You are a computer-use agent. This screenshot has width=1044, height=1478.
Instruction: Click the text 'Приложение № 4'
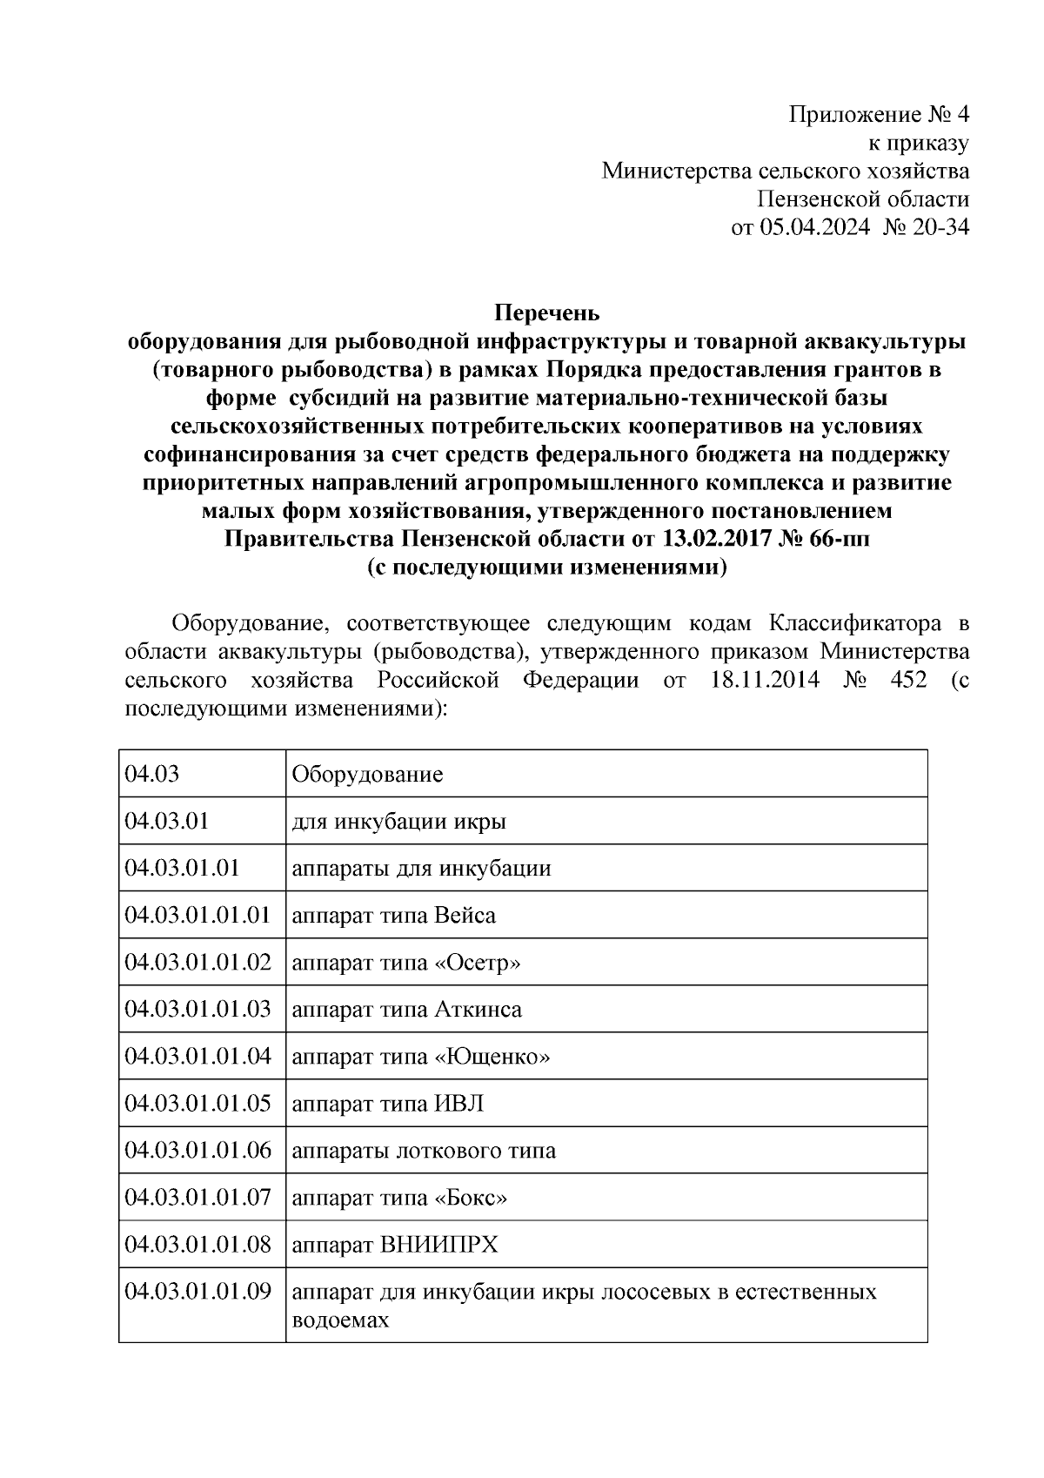coord(879,115)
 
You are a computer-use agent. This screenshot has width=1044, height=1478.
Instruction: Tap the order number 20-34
coord(940,228)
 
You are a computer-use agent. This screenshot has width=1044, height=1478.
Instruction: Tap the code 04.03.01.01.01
coord(198,915)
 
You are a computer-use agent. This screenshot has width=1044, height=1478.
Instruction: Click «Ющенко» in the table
coord(492,1057)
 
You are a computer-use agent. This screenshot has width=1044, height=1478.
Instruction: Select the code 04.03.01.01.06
coord(198,1151)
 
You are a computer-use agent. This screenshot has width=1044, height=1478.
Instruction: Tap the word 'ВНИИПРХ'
coord(439,1245)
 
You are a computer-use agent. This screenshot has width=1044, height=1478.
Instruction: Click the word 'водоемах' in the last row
coord(339,1320)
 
